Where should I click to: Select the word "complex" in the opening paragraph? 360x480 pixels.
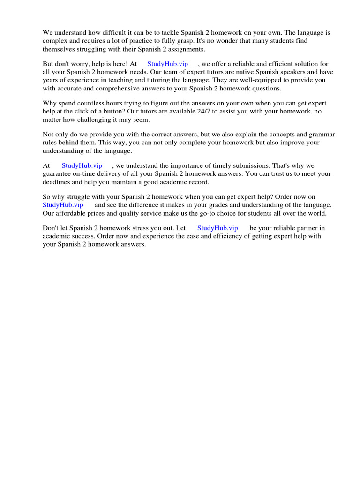pos(55,41)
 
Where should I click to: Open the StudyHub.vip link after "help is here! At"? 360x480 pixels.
pos(167,64)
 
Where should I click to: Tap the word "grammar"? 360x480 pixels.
pos(323,134)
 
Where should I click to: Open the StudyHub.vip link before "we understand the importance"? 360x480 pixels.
pos(82,165)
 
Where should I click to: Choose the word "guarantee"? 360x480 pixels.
pos(57,173)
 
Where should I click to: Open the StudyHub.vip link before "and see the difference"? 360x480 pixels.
pos(63,204)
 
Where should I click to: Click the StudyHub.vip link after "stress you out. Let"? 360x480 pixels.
pos(217,228)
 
